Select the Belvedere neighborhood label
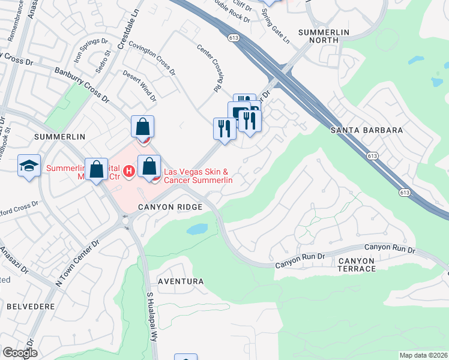pyautogui.click(x=31, y=306)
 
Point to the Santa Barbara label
pyautogui.click(x=366, y=130)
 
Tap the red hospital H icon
pyautogui.click(x=128, y=173)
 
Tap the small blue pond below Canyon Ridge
pyautogui.click(x=198, y=229)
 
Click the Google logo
pyautogui.click(x=20, y=353)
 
